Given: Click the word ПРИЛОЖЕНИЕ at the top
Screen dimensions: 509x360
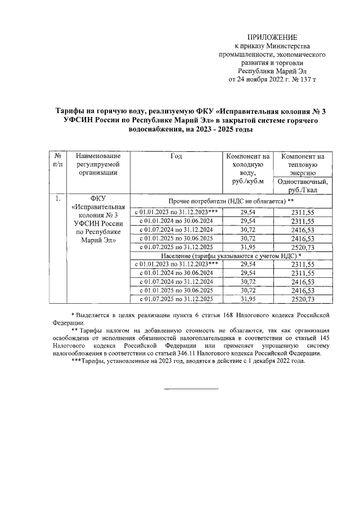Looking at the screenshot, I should (272, 37).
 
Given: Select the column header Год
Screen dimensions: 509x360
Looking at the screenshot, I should (176, 156).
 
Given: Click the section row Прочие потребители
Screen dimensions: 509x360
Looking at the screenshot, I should (231, 201).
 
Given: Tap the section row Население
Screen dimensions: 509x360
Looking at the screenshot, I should (231, 255).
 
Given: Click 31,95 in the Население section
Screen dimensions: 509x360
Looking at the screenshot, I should (247, 299).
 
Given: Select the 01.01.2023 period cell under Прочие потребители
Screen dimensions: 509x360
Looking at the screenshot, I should (175, 211).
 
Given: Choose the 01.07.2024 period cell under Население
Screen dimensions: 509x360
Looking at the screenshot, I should (175, 281).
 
